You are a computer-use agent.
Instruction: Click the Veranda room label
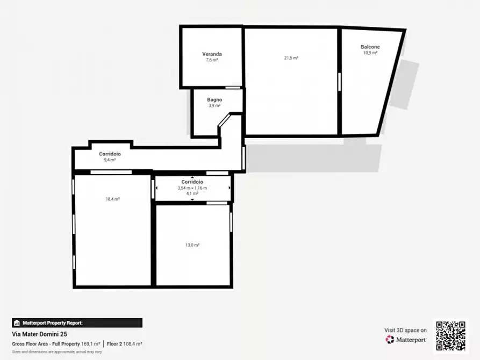pyautogui.click(x=212, y=54)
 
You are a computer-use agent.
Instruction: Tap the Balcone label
pyautogui.click(x=370, y=47)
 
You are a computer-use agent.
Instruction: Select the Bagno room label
pyautogui.click(x=214, y=100)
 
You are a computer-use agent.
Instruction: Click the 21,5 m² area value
pyautogui.click(x=291, y=58)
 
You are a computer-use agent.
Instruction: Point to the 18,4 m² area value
pyautogui.click(x=112, y=199)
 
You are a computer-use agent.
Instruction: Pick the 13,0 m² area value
pyautogui.click(x=192, y=245)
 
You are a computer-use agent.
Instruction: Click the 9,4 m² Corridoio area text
pyautogui.click(x=110, y=160)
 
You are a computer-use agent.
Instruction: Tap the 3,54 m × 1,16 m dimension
pyautogui.click(x=192, y=188)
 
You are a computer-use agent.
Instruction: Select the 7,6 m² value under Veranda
pyautogui.click(x=212, y=60)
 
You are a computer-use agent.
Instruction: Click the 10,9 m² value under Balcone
pyautogui.click(x=370, y=53)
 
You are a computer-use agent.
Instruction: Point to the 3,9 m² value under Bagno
pyautogui.click(x=214, y=106)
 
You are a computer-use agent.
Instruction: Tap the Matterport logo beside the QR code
pyautogui.click(x=406, y=340)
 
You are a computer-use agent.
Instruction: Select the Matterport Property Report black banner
pyautogui.click(x=77, y=323)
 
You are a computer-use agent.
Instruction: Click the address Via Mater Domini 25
pyautogui.click(x=40, y=334)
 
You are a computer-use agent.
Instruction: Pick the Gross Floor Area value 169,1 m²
pyautogui.click(x=90, y=343)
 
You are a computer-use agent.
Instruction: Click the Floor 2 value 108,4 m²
pyautogui.click(x=132, y=343)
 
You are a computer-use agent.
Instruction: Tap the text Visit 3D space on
pyautogui.click(x=405, y=330)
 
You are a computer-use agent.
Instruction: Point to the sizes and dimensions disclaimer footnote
pyautogui.click(x=57, y=351)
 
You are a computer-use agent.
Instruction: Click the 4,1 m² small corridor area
pyautogui.click(x=192, y=193)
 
